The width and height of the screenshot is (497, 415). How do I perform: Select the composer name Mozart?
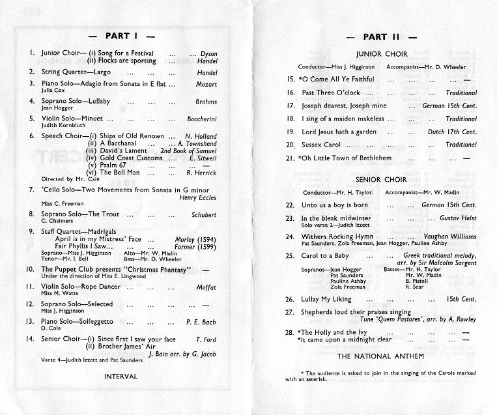click(206, 84)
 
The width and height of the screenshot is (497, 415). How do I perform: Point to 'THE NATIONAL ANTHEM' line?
click(381, 356)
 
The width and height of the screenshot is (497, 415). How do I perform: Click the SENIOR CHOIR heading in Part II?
click(381, 179)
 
